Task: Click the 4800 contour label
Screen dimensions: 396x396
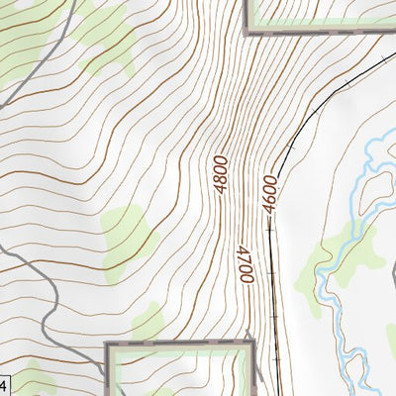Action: coord(220,172)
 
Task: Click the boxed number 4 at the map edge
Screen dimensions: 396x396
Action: coord(3,384)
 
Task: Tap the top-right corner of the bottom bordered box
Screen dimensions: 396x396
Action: coord(252,345)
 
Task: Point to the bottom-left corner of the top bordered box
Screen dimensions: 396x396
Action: coord(247,32)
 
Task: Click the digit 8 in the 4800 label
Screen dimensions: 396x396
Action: coord(220,165)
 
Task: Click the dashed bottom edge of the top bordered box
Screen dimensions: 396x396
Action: coord(317,32)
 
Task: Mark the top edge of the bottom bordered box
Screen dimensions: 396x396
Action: coord(178,345)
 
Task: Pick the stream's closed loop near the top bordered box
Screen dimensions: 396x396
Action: coord(376,183)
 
